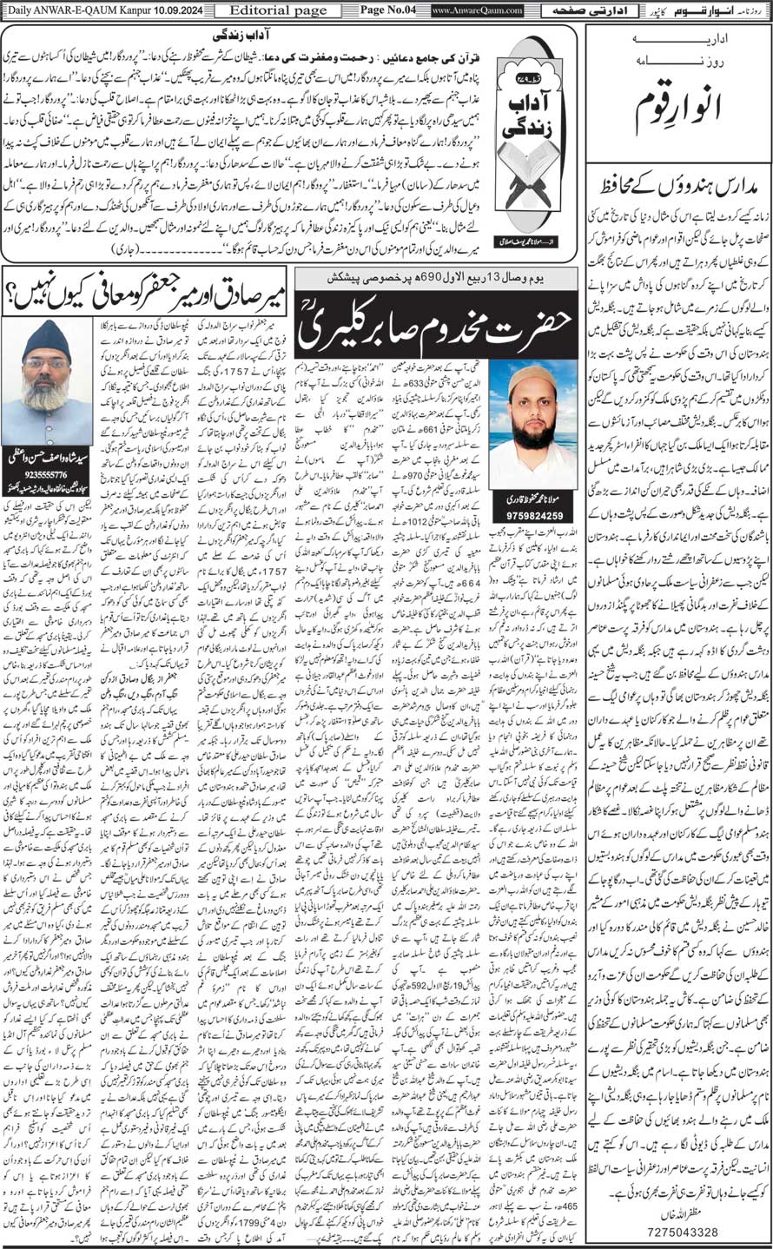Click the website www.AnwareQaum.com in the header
coord(476,10)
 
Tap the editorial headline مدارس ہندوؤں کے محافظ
coord(678,185)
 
